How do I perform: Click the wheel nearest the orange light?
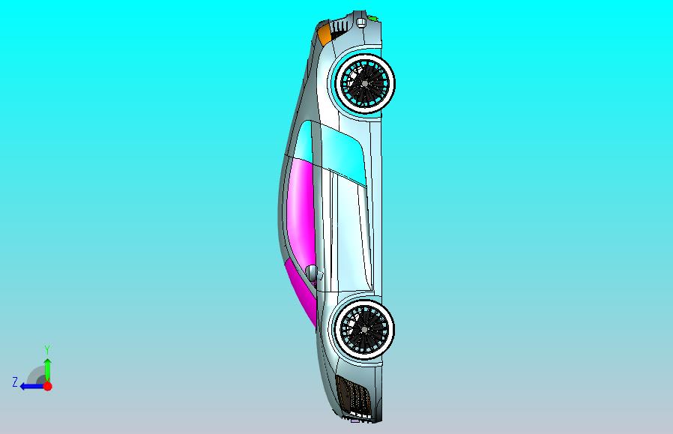pyautogui.click(x=365, y=83)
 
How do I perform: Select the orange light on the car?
pyautogui.click(x=325, y=34)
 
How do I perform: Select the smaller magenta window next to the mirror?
pyautogui.click(x=302, y=292)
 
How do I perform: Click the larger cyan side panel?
pyautogui.click(x=345, y=154)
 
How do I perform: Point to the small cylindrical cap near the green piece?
pyautogui.click(x=361, y=23)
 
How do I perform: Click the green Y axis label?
pyautogui.click(x=47, y=350)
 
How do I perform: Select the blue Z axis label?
pyautogui.click(x=15, y=382)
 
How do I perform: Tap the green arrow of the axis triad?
pyautogui.click(x=47, y=370)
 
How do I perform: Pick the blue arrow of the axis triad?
pyautogui.click(x=31, y=386)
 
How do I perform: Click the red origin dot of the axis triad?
pyautogui.click(x=47, y=386)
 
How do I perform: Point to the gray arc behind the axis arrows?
pyautogui.click(x=35, y=374)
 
